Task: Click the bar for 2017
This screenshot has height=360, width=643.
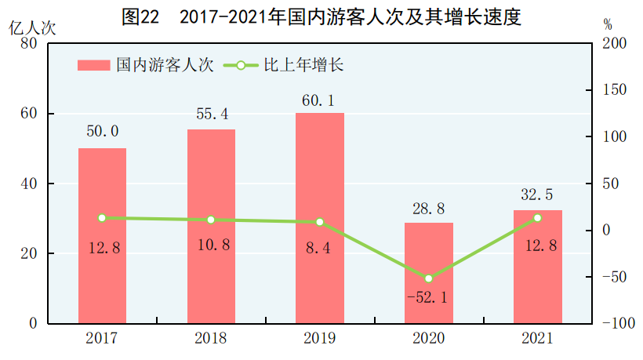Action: tap(102, 235)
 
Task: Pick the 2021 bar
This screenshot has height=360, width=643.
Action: tap(537, 267)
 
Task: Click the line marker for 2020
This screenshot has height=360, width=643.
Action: tap(428, 278)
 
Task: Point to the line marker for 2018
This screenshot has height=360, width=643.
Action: tap(211, 220)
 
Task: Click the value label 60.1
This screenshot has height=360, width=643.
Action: tap(320, 100)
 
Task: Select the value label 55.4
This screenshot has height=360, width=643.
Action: tap(212, 115)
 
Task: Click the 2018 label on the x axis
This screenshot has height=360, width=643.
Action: tap(211, 339)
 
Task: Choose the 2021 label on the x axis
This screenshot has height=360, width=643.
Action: tap(537, 339)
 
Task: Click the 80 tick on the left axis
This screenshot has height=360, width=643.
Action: tap(31, 44)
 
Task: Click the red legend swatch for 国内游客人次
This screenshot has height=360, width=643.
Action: tap(94, 66)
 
